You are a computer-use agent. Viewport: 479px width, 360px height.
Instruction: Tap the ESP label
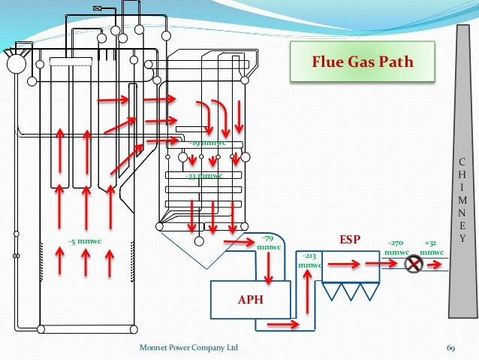[351, 240]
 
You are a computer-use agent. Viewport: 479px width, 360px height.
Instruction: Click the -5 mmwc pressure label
[84, 241]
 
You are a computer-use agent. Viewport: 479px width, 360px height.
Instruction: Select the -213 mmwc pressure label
[309, 260]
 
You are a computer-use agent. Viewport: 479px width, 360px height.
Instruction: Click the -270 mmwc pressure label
[396, 248]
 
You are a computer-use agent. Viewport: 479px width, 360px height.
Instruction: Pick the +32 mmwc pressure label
[431, 248]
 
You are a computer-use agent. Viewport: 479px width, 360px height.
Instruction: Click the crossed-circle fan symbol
[413, 265]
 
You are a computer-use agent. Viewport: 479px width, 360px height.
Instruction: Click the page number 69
[451, 349]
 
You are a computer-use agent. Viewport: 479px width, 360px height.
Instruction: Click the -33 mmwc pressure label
[203, 176]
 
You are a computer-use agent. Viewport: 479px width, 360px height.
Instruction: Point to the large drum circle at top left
[16, 65]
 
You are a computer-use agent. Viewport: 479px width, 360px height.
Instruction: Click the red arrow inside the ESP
[343, 264]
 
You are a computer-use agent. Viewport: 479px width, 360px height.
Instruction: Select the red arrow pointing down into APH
[268, 267]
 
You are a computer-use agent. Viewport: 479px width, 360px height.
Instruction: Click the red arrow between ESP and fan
[383, 265]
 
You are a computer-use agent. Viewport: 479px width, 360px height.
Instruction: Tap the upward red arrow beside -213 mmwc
[307, 289]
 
